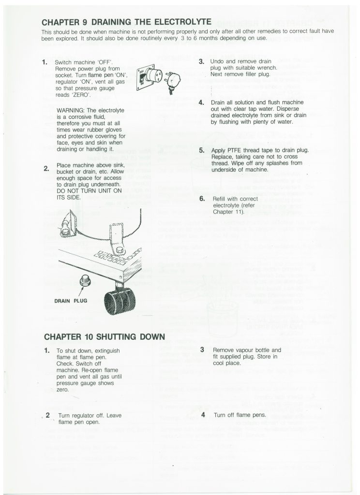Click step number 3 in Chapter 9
pyautogui.click(x=201, y=62)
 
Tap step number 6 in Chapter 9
pyautogui.click(x=202, y=199)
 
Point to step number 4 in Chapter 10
pyautogui.click(x=203, y=414)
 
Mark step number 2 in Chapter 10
pyautogui.click(x=48, y=415)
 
